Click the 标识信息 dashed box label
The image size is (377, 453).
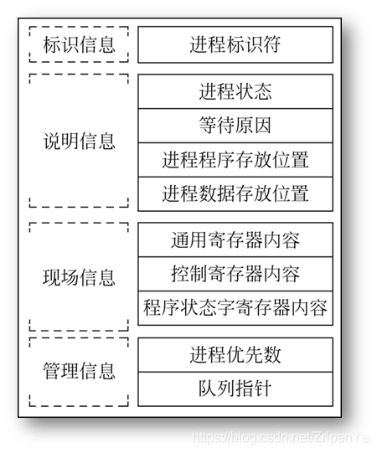[x=79, y=44]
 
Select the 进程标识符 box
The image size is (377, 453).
[x=235, y=44]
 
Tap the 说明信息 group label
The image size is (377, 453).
[x=79, y=141]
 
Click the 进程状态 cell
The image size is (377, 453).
[x=235, y=90]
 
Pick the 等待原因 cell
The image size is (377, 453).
[x=235, y=125]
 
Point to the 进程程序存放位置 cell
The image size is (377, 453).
[x=235, y=159]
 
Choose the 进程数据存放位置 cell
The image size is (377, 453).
[x=235, y=194]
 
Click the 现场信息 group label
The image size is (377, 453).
[x=79, y=276]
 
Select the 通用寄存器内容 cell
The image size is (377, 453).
[x=235, y=240]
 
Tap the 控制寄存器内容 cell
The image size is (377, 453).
[x=235, y=274]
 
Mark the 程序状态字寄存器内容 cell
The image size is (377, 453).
[x=235, y=307]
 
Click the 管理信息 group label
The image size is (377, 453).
[x=79, y=371]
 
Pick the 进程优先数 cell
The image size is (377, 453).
[x=235, y=354]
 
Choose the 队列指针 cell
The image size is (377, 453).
[x=235, y=389]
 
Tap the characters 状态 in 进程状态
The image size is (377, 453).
[x=254, y=90]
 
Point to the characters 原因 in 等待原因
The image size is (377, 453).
[x=254, y=125]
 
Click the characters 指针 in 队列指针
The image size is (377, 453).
[x=254, y=389]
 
